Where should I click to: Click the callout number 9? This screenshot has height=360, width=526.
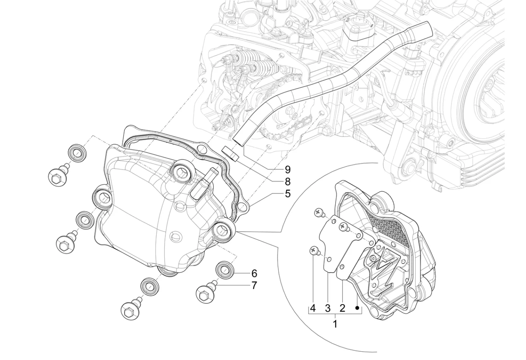pos(288,169)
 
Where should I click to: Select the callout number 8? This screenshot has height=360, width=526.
pos(288,182)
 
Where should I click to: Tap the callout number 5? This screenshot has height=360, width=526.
pos(288,194)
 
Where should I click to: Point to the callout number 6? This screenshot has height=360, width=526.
pos(254,273)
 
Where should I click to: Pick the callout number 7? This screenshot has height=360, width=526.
pos(254,285)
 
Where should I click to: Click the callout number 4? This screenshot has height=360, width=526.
pos(312,308)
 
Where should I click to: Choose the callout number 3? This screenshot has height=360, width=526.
pos(328,308)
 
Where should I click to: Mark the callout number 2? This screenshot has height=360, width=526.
pos(342,308)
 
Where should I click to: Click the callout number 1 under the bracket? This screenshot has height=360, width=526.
pos(335,324)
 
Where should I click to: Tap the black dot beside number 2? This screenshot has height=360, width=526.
pos(357,308)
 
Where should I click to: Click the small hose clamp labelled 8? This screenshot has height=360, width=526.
pos(230,154)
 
